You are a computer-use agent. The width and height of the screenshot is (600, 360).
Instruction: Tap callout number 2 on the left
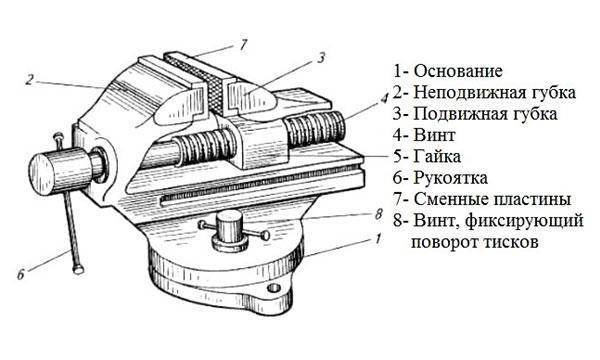pyautogui.click(x=31, y=79)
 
